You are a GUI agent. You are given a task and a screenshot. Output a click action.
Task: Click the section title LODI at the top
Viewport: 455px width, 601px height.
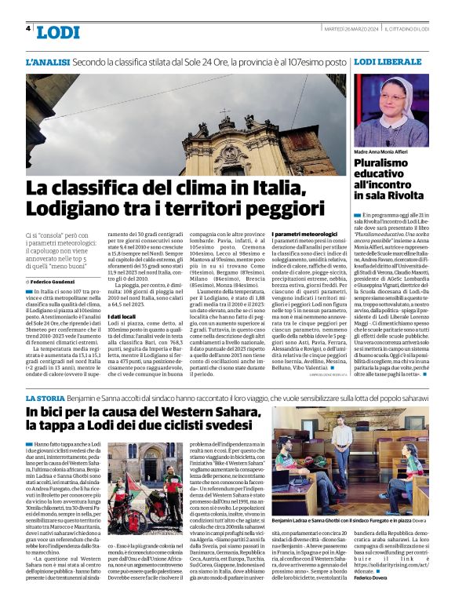[x=58, y=32]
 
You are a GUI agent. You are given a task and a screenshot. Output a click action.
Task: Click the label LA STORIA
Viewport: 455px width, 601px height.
[x=45, y=400]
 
